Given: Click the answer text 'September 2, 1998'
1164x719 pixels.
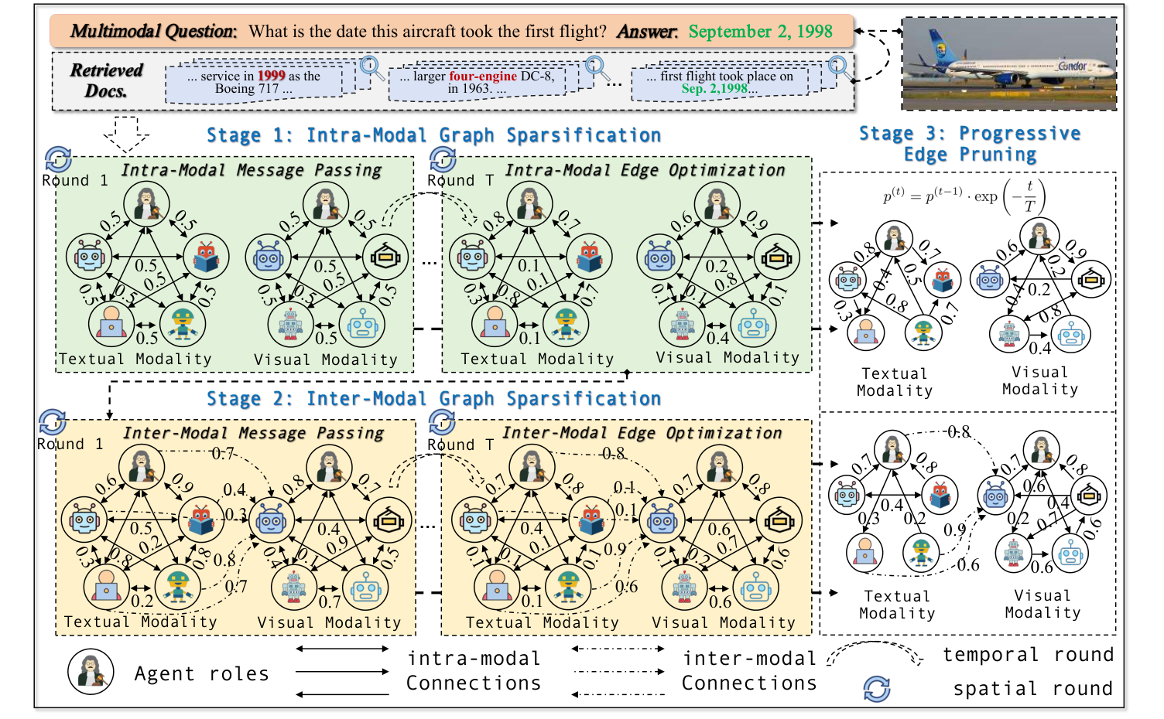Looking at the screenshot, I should tap(760, 32).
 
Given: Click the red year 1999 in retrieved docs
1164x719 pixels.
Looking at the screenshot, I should tap(272, 76).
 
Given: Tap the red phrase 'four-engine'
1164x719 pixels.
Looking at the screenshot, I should tap(483, 76).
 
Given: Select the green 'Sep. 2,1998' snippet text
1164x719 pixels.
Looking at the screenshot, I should tap(714, 88).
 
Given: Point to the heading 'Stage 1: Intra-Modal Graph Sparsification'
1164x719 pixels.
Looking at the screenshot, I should tap(433, 135).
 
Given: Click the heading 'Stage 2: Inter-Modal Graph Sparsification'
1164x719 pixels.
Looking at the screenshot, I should tap(433, 399).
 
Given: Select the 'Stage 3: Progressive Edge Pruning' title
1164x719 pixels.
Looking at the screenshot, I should tap(970, 144).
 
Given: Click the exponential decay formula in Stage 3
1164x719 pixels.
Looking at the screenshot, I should tap(964, 196).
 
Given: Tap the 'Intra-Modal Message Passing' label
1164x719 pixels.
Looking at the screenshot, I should tap(251, 170).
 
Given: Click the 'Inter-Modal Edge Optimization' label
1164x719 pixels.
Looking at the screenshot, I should tap(642, 433).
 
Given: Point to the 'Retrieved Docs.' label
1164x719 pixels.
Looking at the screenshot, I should tap(106, 80).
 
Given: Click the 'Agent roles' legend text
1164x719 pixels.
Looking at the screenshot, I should tap(201, 674).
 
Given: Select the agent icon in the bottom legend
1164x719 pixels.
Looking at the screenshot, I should tap(91, 672).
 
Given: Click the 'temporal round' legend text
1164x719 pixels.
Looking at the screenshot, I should tap(1028, 655).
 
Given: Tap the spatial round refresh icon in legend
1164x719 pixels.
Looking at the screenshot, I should tap(876, 688).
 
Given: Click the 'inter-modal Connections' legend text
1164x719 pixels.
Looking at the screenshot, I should tap(748, 670).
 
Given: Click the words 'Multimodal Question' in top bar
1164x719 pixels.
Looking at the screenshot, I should tap(152, 32).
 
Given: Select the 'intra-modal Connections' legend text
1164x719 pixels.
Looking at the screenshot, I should tap(473, 670).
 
